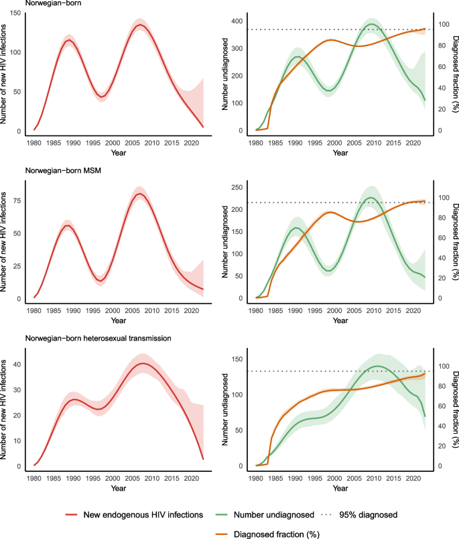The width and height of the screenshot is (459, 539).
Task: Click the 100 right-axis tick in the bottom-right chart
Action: click(440, 366)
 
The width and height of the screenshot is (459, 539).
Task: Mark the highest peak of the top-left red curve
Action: click(139, 25)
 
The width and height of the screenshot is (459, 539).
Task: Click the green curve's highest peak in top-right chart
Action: click(373, 24)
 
